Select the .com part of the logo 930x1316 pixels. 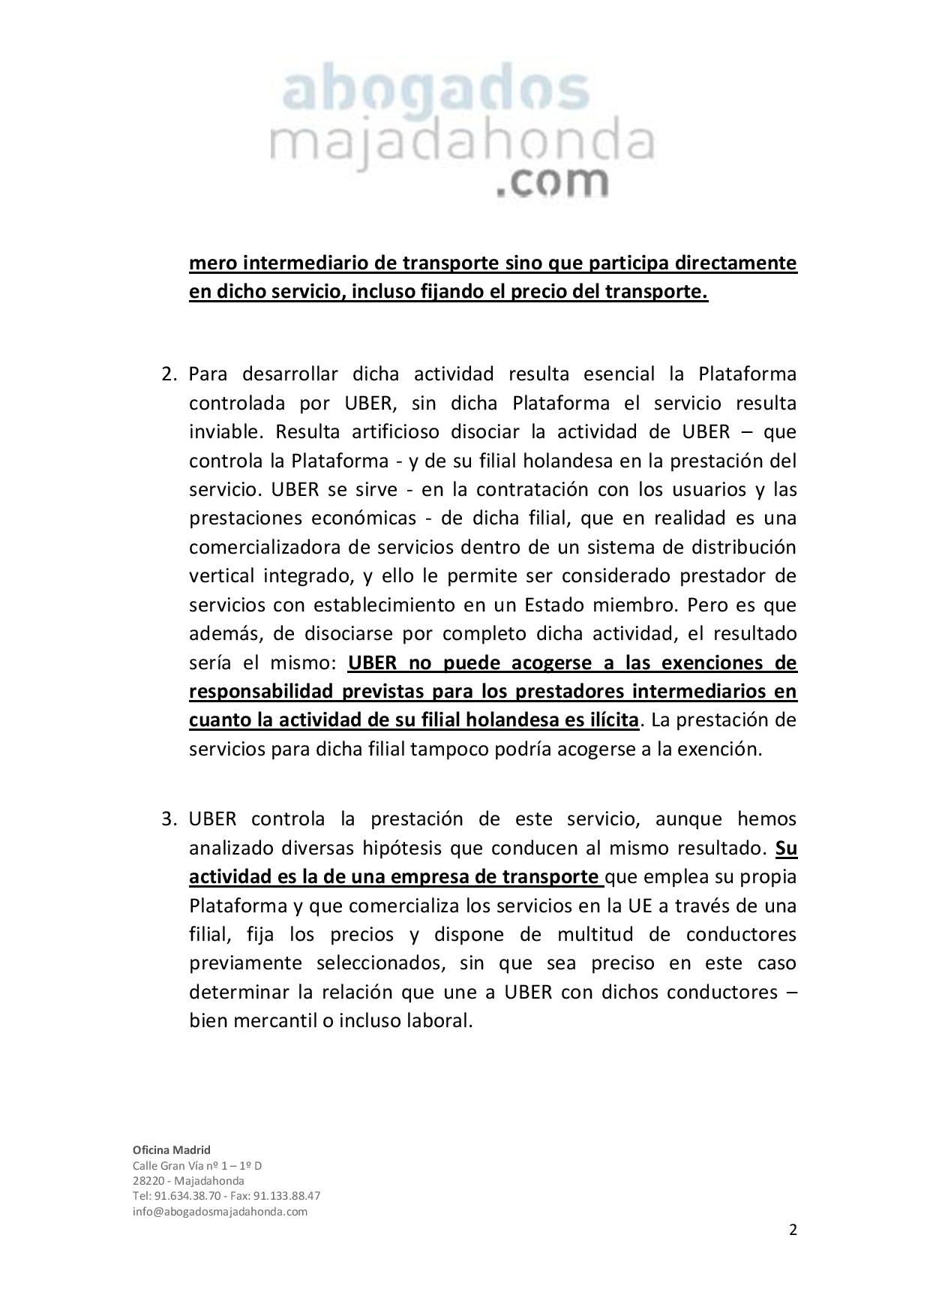(551, 182)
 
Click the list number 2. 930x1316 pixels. (169, 374)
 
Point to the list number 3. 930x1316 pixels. (169, 819)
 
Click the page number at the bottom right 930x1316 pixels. (793, 1229)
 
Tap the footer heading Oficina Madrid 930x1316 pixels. (172, 1149)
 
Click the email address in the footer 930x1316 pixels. (220, 1211)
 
